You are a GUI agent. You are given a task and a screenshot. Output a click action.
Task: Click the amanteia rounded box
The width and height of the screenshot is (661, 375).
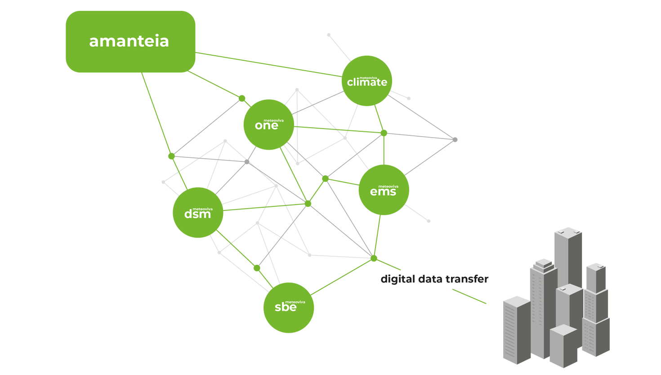click(x=130, y=41)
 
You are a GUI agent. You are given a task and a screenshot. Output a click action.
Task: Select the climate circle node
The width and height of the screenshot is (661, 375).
click(x=367, y=81)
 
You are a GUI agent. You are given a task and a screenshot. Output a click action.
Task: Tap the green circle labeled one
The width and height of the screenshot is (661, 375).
click(x=269, y=125)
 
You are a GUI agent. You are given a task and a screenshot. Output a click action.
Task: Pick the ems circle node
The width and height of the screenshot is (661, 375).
click(x=384, y=190)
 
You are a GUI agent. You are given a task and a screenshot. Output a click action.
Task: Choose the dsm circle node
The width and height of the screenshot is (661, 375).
click(x=198, y=213)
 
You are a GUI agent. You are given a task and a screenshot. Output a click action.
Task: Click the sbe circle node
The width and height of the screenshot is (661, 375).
click(x=288, y=308)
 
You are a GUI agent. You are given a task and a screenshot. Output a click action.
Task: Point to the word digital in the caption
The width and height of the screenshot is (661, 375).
click(x=397, y=279)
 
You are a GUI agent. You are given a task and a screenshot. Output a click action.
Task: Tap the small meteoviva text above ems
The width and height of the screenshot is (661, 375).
click(x=388, y=186)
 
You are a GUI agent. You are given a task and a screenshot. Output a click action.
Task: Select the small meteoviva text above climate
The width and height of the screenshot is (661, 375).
click(x=368, y=77)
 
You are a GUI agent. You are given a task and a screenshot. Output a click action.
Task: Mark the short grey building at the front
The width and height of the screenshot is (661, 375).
click(x=563, y=345)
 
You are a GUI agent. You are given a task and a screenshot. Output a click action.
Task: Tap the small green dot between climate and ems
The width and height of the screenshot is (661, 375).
click(x=384, y=133)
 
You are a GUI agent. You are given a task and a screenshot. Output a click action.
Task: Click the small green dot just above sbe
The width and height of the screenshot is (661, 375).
click(x=257, y=268)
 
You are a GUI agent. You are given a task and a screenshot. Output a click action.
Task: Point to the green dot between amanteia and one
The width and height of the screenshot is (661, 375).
click(x=242, y=98)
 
